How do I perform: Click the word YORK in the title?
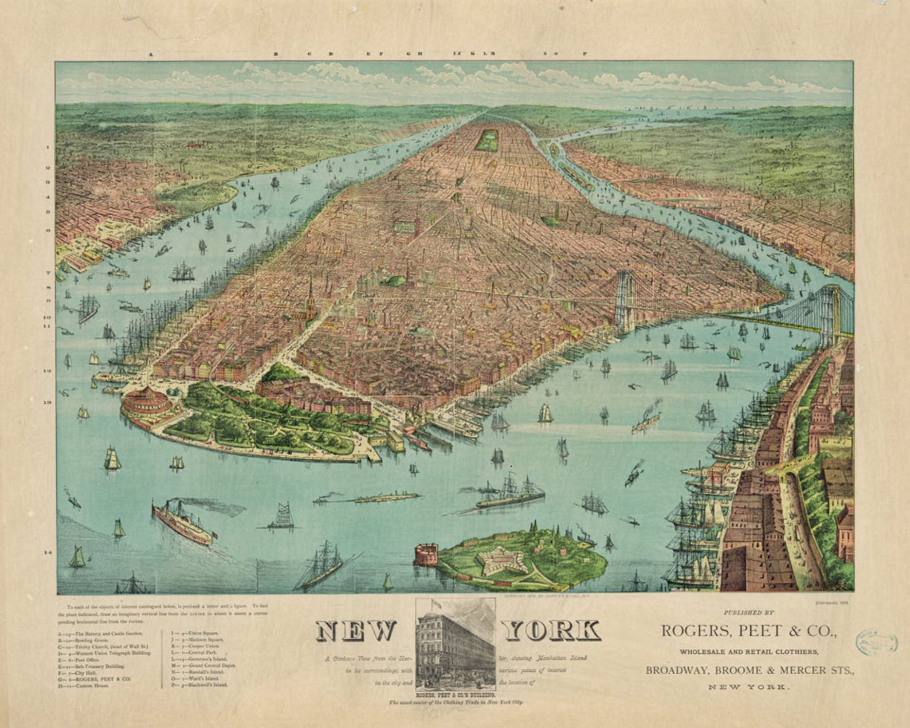click(x=552, y=631)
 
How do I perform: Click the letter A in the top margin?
click(x=151, y=54)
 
